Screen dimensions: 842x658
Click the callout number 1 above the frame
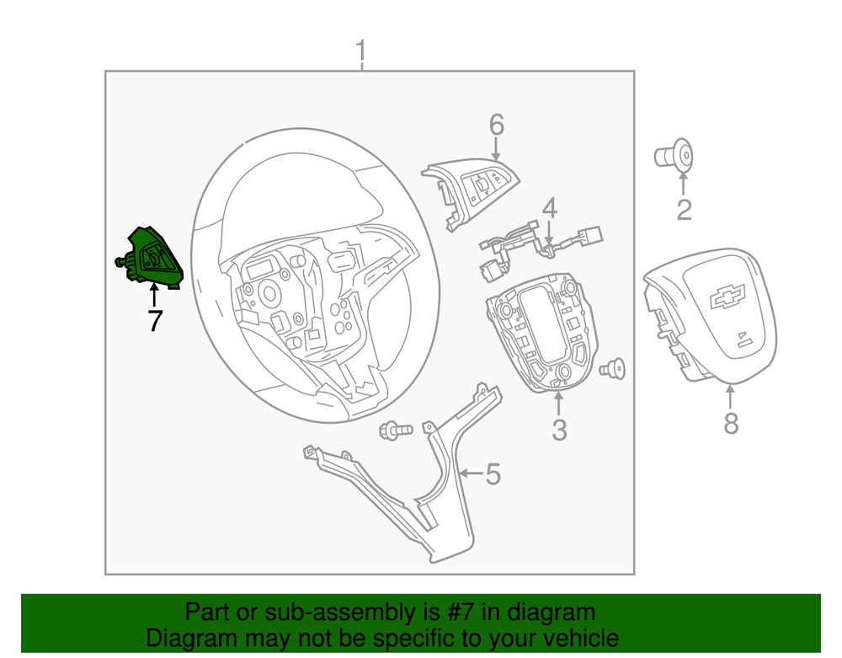tap(361, 51)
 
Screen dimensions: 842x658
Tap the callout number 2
tap(684, 210)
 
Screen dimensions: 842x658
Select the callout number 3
tap(559, 430)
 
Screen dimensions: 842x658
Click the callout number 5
tap(493, 474)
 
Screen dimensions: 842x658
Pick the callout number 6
tap(497, 125)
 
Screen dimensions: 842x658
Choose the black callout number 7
tap(155, 321)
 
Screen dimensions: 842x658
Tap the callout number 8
tap(731, 423)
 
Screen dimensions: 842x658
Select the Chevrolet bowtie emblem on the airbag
tap(727, 296)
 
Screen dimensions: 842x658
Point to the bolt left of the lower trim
tap(396, 431)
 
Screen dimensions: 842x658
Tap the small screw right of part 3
tap(613, 369)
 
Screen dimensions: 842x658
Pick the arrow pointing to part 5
tap(472, 473)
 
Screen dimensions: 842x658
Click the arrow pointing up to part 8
tap(730, 398)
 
